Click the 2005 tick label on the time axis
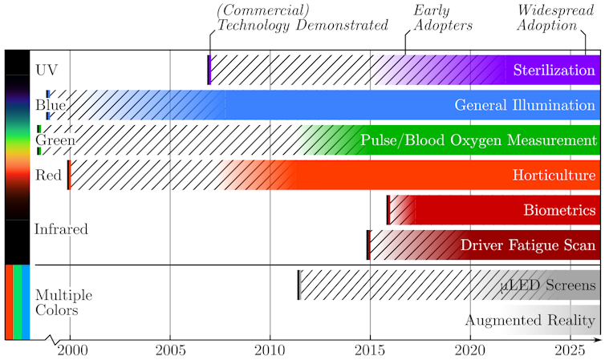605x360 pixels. point(169,350)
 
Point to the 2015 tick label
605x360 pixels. point(370,350)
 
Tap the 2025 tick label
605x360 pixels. point(570,350)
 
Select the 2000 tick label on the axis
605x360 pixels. point(70,350)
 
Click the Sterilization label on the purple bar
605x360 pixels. point(554,70)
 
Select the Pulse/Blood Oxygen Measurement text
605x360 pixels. point(478,140)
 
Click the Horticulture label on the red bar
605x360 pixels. point(554,175)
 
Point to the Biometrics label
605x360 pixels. point(559,210)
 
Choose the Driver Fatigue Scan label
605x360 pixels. point(528,245)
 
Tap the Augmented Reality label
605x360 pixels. point(532,321)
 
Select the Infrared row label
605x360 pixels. point(61,229)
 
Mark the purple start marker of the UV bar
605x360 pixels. point(209,70)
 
